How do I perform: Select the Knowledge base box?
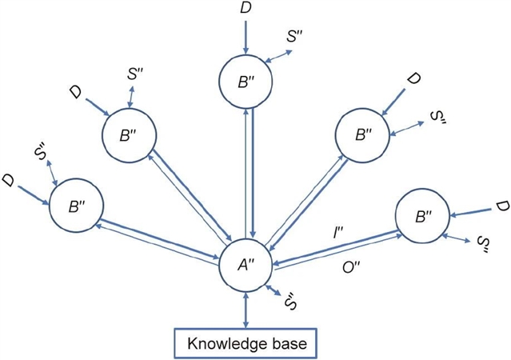246,345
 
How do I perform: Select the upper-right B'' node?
363,134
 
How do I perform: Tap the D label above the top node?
246,9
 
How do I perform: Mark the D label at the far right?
500,207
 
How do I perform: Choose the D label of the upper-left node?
74,94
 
